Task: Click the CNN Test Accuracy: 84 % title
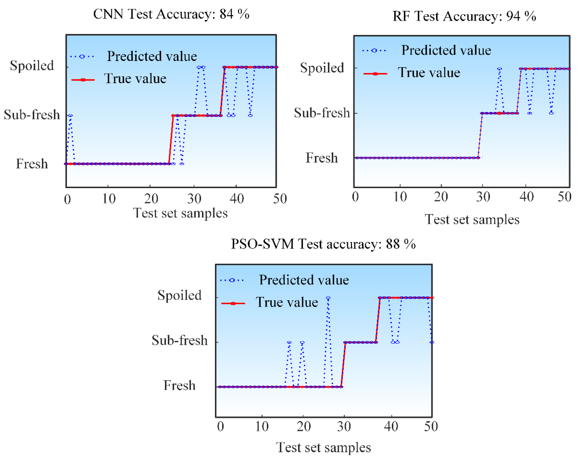tap(171, 14)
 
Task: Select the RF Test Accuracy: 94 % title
tap(464, 16)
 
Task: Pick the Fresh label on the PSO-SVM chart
tap(179, 385)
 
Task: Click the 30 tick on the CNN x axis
tap(194, 199)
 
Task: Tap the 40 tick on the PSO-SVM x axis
tap(391, 426)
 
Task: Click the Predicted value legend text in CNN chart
tap(152, 56)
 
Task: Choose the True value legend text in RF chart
tap(429, 73)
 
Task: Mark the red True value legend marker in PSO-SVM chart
tap(233, 303)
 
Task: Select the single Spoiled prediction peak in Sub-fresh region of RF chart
tap(499, 69)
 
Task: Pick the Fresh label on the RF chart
tap(322, 158)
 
